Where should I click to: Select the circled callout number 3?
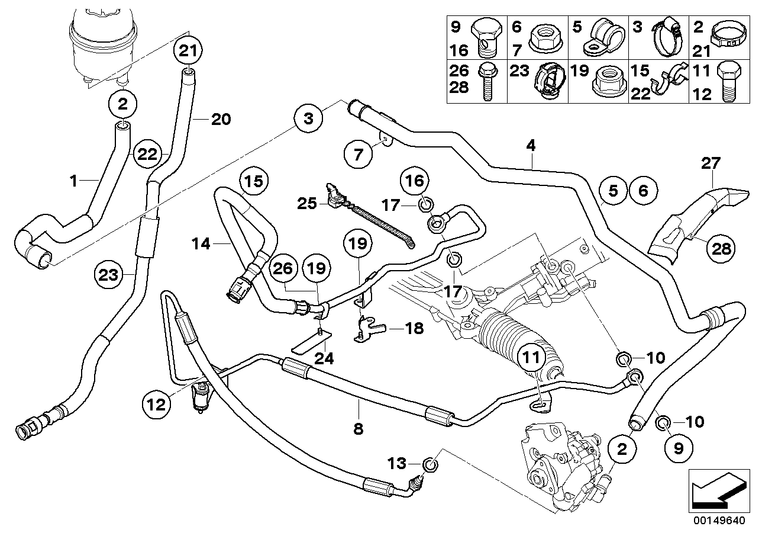click(x=308, y=120)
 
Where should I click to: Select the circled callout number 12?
click(x=155, y=406)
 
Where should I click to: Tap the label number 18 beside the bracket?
click(x=415, y=328)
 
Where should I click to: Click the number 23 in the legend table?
click(x=521, y=73)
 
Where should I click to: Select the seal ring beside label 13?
click(x=431, y=463)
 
